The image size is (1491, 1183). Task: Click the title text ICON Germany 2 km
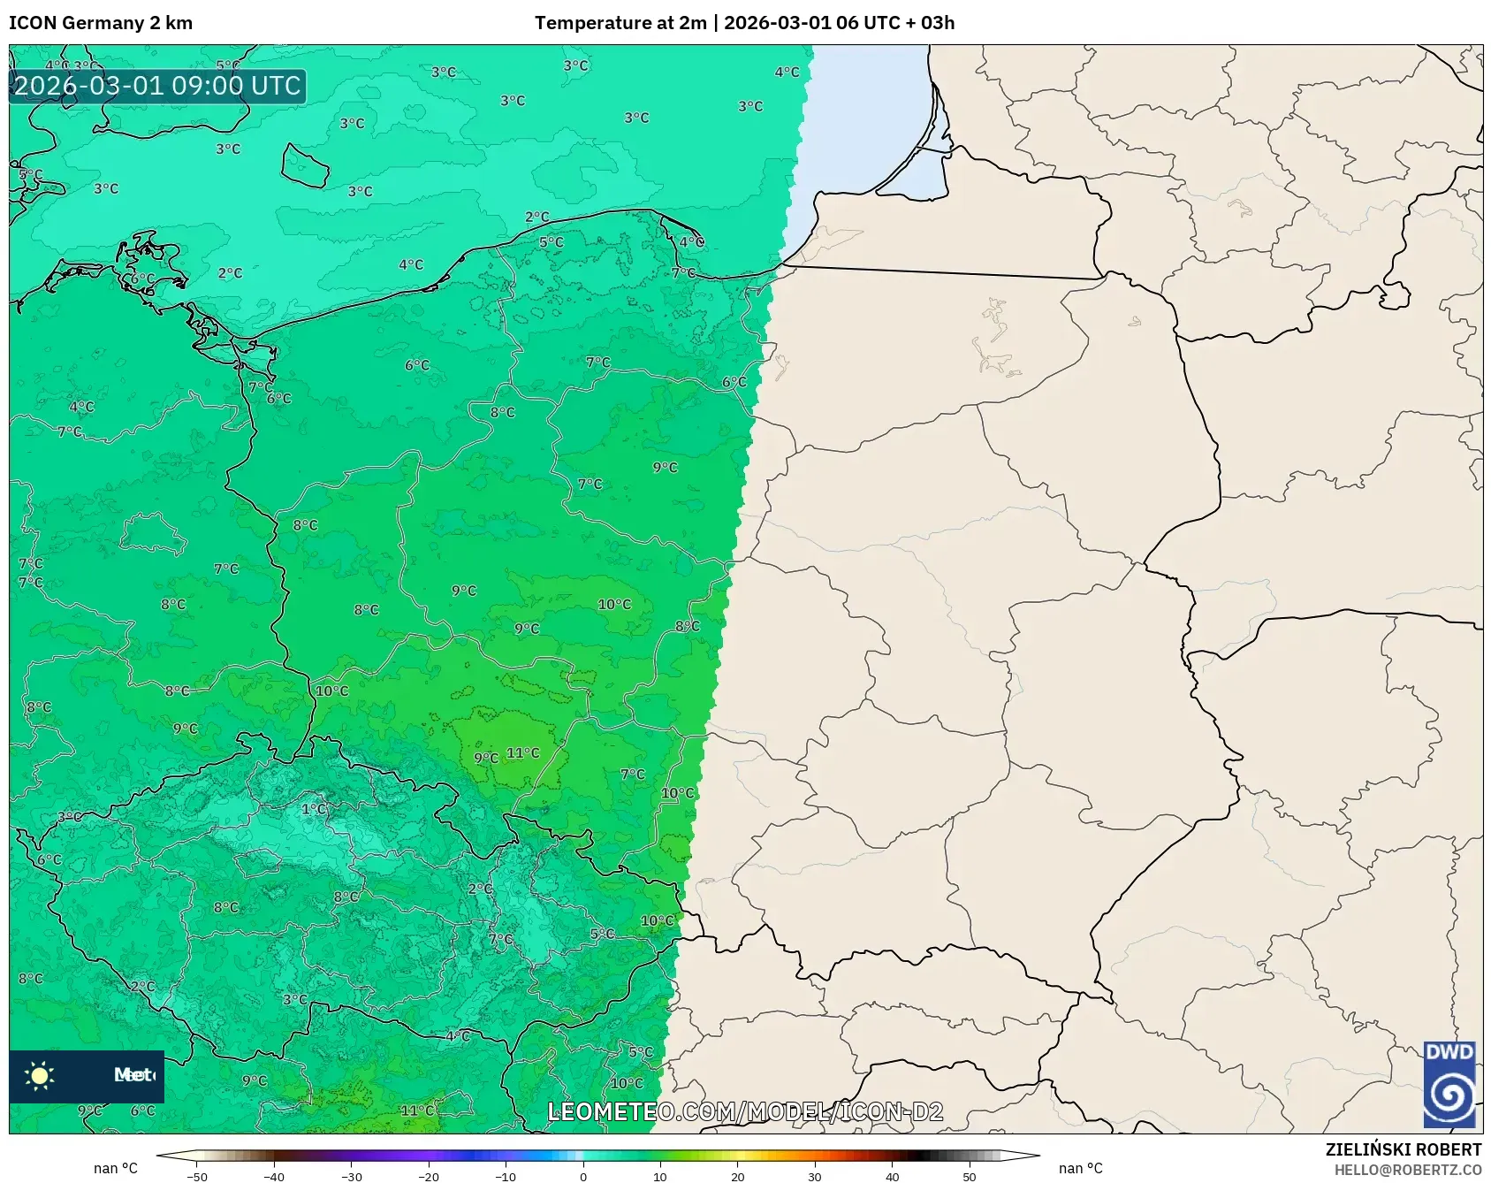(101, 23)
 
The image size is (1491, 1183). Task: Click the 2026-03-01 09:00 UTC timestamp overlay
(157, 87)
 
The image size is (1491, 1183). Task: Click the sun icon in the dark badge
(40, 1075)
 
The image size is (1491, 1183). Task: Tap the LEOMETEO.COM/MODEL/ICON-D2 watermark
(745, 1111)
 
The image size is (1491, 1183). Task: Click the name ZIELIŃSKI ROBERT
(1403, 1149)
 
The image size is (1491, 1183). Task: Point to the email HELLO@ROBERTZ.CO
(1407, 1170)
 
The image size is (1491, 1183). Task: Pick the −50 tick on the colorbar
(197, 1177)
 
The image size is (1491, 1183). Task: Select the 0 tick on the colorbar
(583, 1177)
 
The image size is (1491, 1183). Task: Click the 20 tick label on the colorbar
(737, 1177)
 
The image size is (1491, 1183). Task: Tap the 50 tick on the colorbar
(970, 1177)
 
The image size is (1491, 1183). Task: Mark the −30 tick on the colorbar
(352, 1177)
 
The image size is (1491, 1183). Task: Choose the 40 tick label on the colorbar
(892, 1177)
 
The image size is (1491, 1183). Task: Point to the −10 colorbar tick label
(506, 1177)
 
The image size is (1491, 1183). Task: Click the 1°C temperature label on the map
(314, 809)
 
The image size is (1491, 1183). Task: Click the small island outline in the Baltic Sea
(305, 165)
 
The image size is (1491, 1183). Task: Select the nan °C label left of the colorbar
(116, 1169)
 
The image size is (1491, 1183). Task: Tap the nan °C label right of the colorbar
(1081, 1169)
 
